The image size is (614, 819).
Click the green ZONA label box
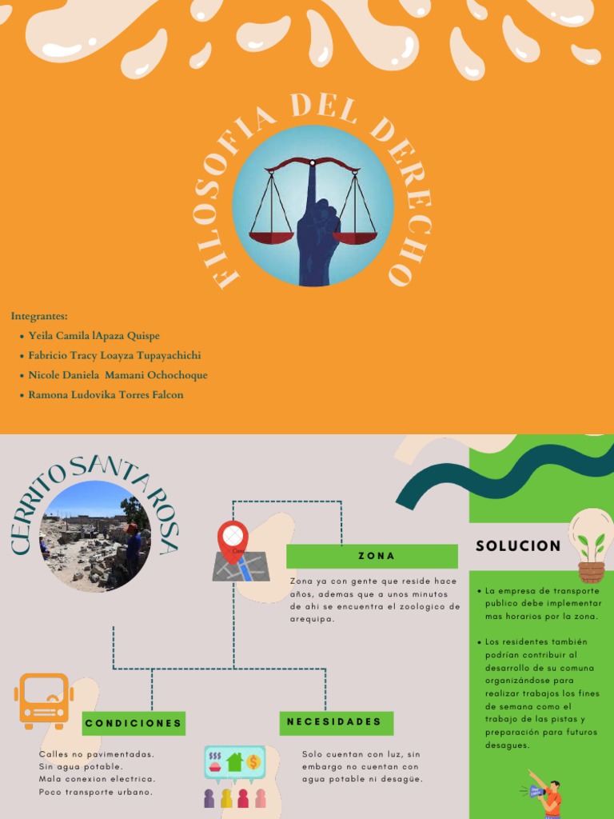tap(372, 556)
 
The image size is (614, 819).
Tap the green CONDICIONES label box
tap(134, 723)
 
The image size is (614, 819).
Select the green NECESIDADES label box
tap(335, 722)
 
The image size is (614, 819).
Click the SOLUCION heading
tap(518, 546)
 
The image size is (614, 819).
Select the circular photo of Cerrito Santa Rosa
tap(95, 536)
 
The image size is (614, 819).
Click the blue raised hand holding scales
tap(317, 240)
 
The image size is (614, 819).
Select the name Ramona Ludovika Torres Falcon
tap(106, 394)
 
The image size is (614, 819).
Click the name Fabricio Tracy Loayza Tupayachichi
tap(114, 355)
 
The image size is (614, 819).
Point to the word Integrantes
tap(39, 316)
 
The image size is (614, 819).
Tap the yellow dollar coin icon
tap(253, 761)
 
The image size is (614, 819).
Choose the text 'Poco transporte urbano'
tap(95, 792)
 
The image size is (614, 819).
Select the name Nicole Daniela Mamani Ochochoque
tap(118, 375)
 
